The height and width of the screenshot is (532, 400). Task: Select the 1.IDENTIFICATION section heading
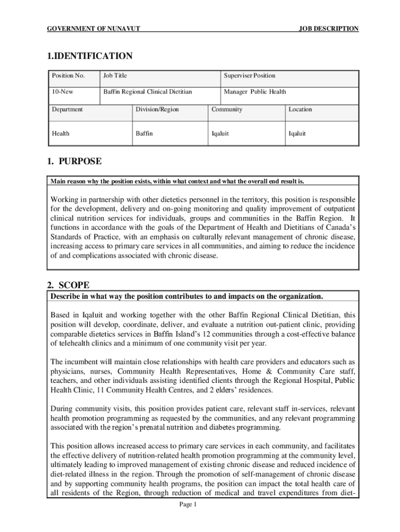[90, 56]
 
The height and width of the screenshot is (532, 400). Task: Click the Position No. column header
[68, 76]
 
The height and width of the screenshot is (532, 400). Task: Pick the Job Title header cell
[115, 76]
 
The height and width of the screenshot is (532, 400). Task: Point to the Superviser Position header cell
[249, 76]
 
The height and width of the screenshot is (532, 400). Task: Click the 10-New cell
[62, 92]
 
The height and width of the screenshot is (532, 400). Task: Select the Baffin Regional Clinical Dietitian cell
[148, 92]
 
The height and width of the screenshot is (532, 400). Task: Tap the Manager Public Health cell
[255, 92]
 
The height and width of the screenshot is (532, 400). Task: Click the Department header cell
[67, 110]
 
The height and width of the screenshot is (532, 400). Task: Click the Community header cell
[226, 110]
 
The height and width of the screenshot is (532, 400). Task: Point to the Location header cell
[300, 110]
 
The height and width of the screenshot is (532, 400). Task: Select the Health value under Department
[60, 134]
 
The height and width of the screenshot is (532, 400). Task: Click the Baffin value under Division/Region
[144, 134]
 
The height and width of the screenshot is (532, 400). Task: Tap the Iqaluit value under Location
[297, 134]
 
